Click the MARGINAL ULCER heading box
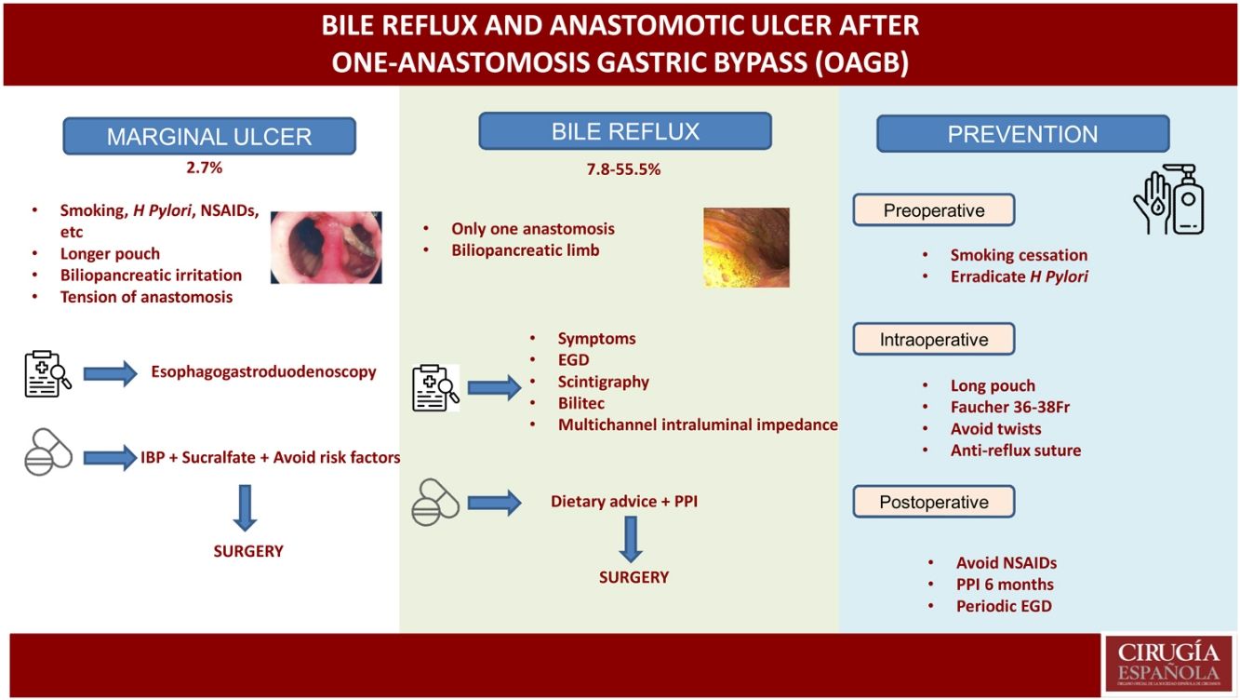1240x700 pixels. click(x=208, y=136)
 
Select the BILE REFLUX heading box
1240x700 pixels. click(x=625, y=131)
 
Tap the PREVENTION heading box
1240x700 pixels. click(x=1022, y=134)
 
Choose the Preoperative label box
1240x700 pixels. click(x=933, y=210)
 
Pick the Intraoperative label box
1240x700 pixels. click(x=933, y=340)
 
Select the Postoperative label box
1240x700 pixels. click(x=933, y=503)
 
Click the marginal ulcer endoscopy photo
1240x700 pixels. click(x=326, y=247)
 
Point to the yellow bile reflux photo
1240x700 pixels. click(x=746, y=247)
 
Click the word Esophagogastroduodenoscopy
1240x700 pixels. click(x=263, y=371)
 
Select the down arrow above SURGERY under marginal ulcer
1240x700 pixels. click(x=247, y=507)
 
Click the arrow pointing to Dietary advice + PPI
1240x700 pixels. click(x=494, y=504)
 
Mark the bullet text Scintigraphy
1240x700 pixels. click(x=603, y=382)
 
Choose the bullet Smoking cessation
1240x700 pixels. click(x=1019, y=255)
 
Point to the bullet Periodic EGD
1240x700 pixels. click(x=1004, y=606)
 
